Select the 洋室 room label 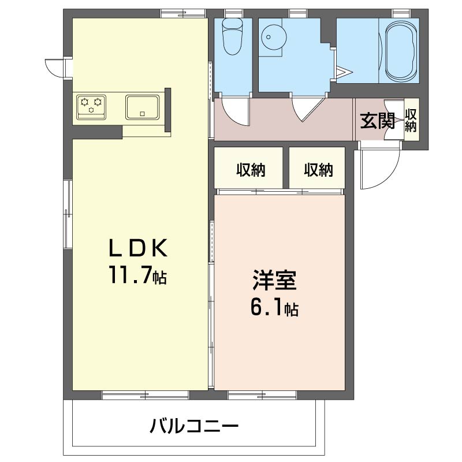click(274, 281)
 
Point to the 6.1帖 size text click(274, 309)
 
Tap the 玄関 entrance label click(377, 121)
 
